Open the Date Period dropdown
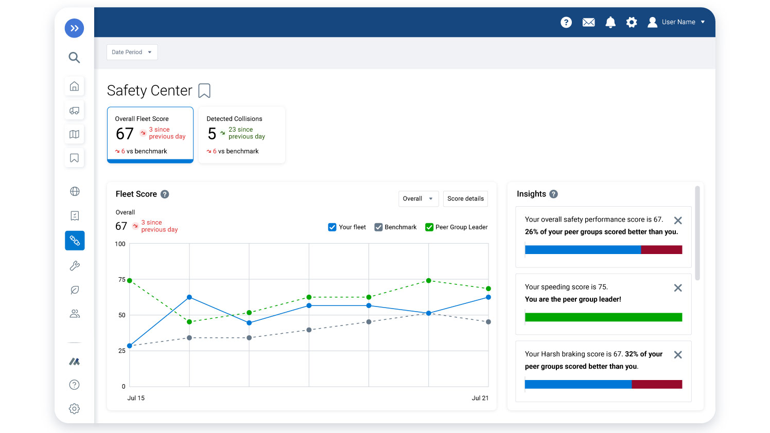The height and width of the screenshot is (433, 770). click(x=132, y=52)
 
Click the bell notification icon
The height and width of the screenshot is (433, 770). click(x=610, y=22)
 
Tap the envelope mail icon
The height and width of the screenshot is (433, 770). click(x=588, y=22)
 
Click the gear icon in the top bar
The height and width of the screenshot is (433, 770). click(x=632, y=22)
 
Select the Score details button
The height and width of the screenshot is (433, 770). click(x=465, y=199)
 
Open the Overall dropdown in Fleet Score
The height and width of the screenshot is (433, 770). click(x=418, y=199)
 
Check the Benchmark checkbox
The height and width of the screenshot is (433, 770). click(x=378, y=227)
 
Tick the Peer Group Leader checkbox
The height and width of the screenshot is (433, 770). click(x=429, y=227)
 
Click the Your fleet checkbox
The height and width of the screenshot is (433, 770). click(x=332, y=227)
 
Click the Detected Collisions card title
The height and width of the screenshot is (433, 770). click(x=234, y=119)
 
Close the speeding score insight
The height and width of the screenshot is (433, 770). click(x=678, y=288)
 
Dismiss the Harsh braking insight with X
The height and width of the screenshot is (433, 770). click(x=678, y=355)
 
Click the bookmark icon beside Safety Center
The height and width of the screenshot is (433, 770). click(x=204, y=91)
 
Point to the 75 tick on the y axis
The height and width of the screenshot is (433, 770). click(x=122, y=280)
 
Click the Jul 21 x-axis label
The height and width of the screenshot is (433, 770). click(x=480, y=398)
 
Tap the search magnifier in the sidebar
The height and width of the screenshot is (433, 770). click(x=74, y=57)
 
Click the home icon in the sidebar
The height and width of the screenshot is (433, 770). click(x=74, y=86)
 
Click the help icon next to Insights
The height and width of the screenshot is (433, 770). click(x=553, y=194)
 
